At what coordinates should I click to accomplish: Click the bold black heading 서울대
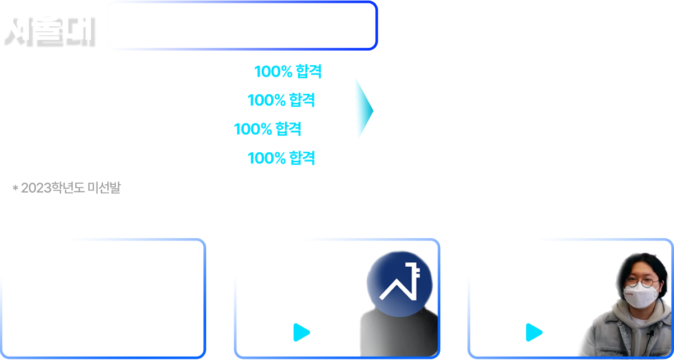(x=49, y=31)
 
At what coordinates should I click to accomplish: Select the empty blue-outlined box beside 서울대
(x=242, y=26)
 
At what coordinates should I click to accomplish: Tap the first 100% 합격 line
(x=288, y=72)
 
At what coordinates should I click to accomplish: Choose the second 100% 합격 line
(x=281, y=101)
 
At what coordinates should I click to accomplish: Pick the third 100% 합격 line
(x=267, y=129)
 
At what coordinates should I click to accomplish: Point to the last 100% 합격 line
(x=281, y=158)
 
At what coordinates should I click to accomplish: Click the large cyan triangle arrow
(x=363, y=109)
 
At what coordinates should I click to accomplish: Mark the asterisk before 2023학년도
(x=16, y=189)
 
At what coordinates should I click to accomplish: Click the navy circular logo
(x=399, y=283)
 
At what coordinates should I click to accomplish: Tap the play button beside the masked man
(x=534, y=332)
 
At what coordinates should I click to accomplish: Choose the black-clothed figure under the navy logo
(x=398, y=335)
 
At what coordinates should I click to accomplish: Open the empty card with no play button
(x=103, y=298)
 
